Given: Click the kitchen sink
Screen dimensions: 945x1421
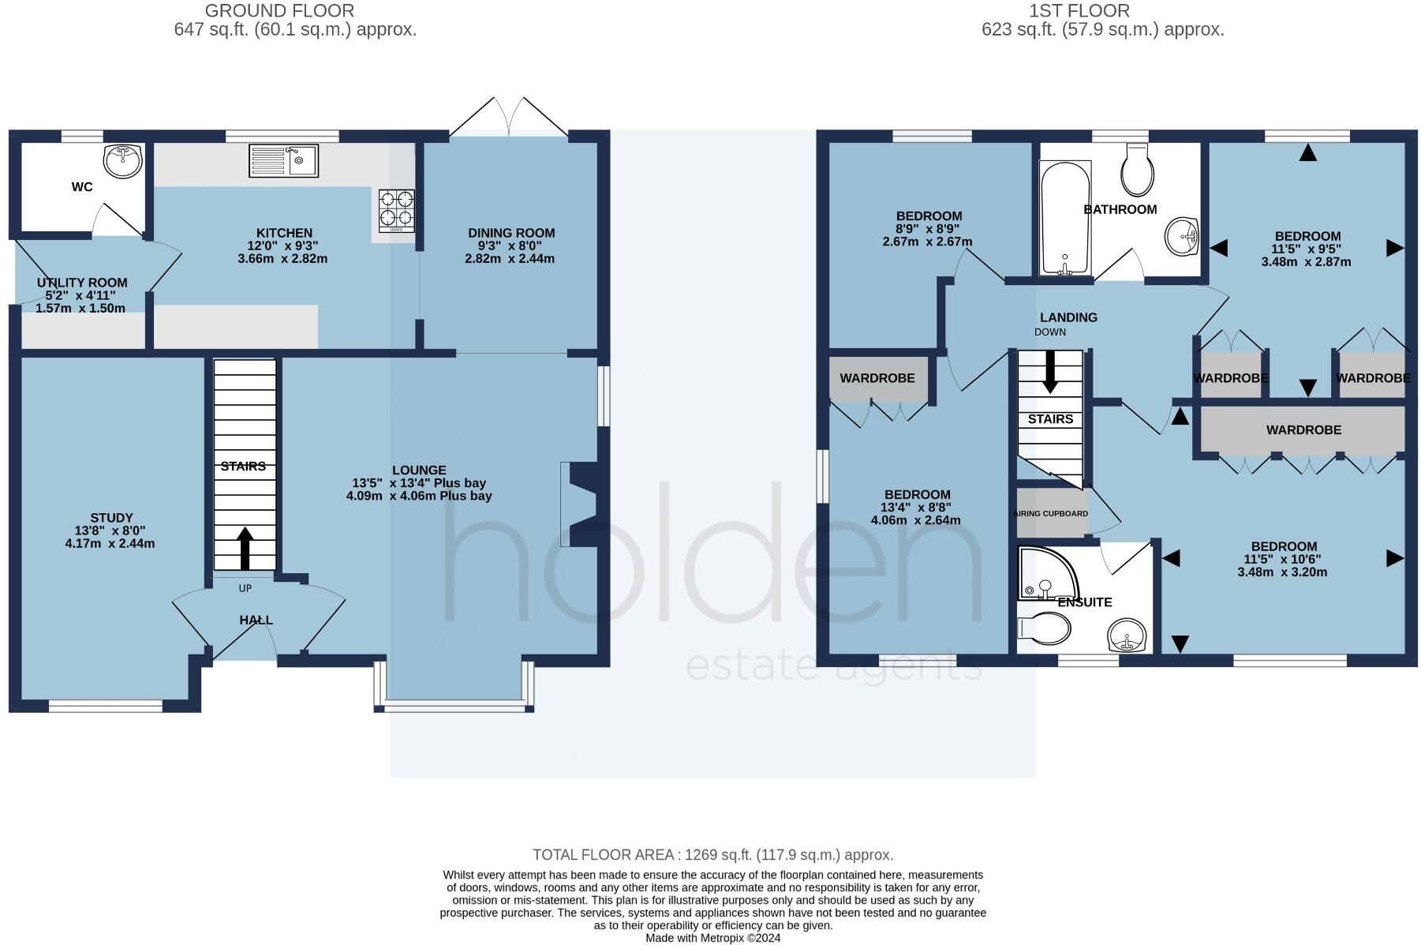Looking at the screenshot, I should (x=283, y=160).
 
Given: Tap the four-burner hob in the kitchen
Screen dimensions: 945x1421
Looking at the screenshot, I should (x=396, y=210).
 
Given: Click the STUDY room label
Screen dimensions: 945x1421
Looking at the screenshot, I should (x=110, y=518).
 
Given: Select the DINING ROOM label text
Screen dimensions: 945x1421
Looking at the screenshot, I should (x=511, y=233).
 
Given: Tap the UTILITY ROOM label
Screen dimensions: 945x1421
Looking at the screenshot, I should (x=82, y=283).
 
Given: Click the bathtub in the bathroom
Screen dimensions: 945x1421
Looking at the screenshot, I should (x=1065, y=217).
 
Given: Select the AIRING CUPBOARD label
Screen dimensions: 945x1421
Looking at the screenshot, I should (x=1050, y=514).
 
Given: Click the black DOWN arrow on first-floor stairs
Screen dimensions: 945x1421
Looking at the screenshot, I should (x=1050, y=373).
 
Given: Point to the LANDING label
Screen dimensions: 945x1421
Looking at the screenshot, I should (x=1068, y=317).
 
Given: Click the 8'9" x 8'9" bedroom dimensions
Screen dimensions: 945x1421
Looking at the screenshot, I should (x=927, y=229).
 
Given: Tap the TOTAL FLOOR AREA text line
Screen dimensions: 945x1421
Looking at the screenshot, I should (x=712, y=855).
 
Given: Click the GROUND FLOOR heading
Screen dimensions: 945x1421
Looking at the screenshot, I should (x=279, y=11).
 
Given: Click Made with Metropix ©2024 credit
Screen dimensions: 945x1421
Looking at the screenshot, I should (x=712, y=938).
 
